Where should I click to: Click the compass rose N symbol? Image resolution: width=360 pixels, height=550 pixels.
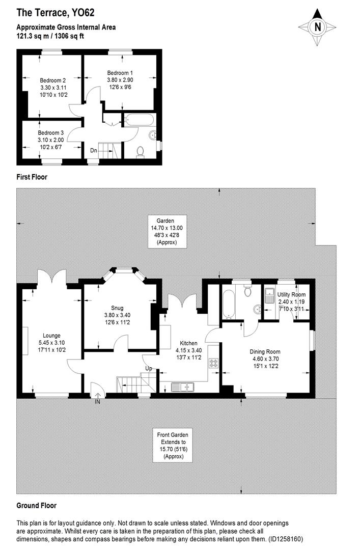click(x=318, y=27)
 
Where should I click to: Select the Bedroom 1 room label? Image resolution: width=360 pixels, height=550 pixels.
click(x=120, y=80)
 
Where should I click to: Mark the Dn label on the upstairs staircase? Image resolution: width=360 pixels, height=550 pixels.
click(x=94, y=150)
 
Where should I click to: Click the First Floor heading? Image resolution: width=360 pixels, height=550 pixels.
click(x=33, y=177)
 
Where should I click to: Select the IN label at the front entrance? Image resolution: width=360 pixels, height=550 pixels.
click(x=97, y=402)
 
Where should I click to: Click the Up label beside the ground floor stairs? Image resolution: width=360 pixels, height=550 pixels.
click(x=149, y=368)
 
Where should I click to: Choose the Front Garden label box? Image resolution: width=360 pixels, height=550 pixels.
click(x=172, y=446)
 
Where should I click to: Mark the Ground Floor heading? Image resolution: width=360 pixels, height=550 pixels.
click(x=36, y=506)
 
